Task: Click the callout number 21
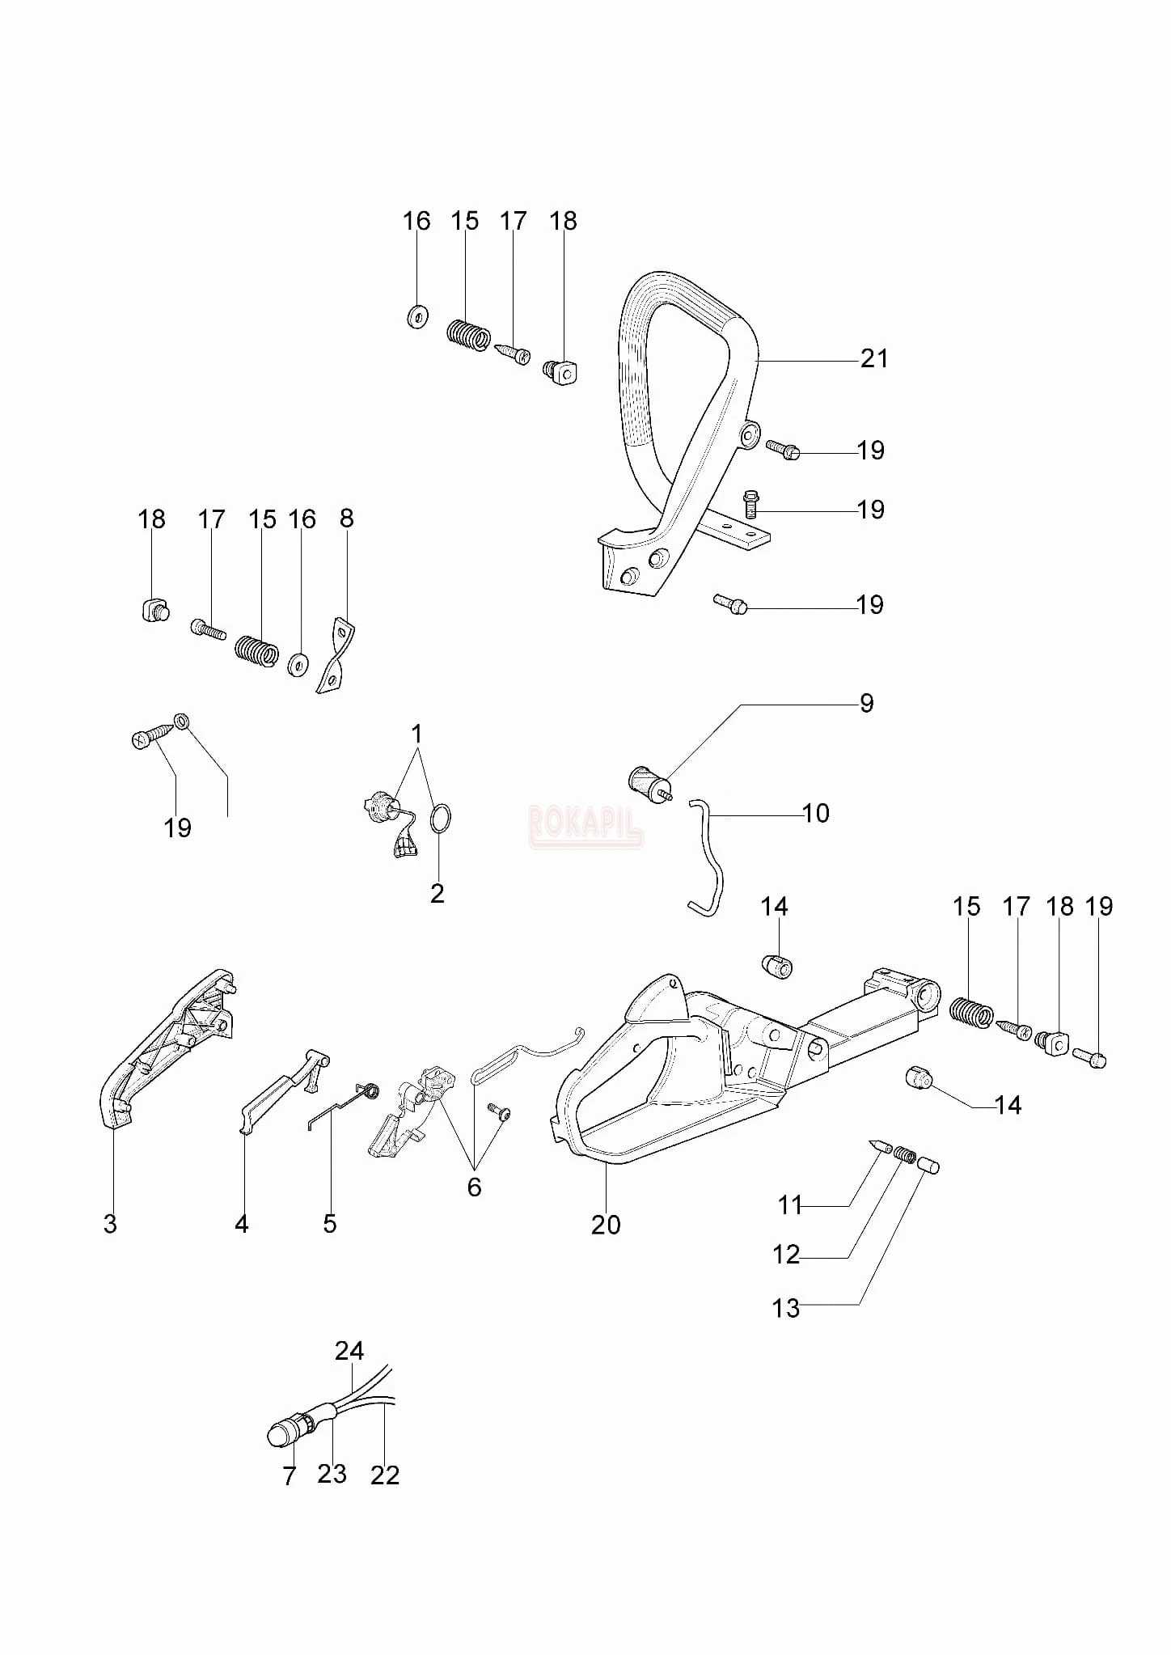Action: (874, 358)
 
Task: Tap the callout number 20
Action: (606, 1225)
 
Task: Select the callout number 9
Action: (866, 703)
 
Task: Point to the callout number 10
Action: (816, 813)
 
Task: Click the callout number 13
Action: (786, 1308)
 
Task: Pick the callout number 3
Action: (110, 1224)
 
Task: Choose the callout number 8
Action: (346, 519)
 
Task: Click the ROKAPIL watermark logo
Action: (585, 826)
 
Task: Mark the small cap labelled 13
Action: (929, 1166)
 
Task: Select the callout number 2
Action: (437, 894)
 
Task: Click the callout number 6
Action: (474, 1187)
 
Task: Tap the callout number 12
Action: (786, 1255)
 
